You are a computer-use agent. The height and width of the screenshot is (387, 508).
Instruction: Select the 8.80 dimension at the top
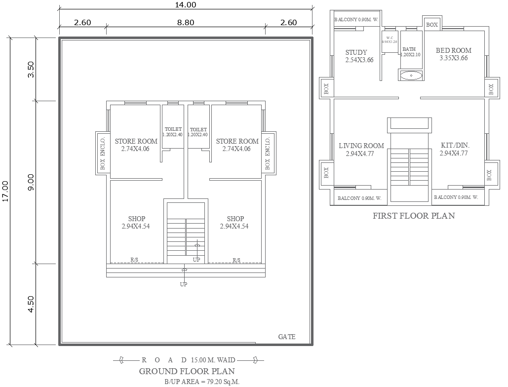(186, 22)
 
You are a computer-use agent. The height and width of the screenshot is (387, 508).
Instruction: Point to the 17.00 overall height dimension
(5, 191)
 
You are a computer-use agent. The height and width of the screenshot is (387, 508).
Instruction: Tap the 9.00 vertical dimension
(31, 182)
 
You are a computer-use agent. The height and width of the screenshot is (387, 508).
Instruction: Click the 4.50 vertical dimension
(31, 304)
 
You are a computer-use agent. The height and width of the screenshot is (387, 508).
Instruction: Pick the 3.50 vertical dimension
(31, 69)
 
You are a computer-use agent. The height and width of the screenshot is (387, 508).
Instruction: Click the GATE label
(287, 337)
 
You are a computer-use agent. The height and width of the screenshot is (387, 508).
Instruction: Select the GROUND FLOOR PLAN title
(187, 371)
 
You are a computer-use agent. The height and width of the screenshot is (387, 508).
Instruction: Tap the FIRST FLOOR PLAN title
(414, 216)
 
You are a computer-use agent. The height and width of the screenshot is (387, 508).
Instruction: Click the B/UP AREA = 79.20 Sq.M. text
(202, 382)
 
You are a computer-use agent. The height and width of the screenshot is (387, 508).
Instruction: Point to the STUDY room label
(356, 52)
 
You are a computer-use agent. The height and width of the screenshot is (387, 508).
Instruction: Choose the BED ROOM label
(454, 50)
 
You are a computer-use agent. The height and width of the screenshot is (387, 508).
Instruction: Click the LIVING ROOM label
(361, 146)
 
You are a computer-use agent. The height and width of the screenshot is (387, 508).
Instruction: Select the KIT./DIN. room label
(455, 146)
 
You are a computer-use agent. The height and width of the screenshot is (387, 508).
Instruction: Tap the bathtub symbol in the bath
(411, 76)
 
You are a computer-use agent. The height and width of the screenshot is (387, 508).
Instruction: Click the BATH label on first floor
(409, 49)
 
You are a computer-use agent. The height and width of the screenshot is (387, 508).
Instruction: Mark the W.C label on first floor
(390, 38)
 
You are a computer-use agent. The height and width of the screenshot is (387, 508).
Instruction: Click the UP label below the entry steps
(184, 284)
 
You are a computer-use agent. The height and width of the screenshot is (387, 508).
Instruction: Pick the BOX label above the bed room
(432, 25)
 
